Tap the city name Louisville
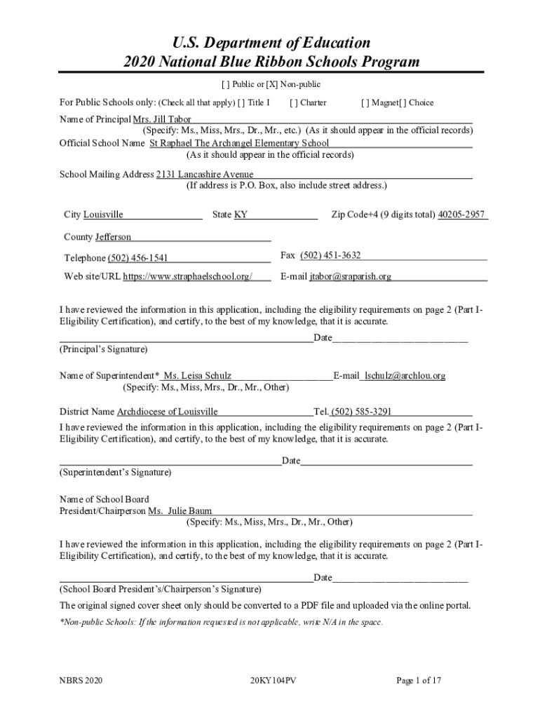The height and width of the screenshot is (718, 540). pyautogui.click(x=103, y=215)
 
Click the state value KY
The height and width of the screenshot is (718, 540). pyautogui.click(x=241, y=215)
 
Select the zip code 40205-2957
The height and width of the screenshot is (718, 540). pyautogui.click(x=461, y=215)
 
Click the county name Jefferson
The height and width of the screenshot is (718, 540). pyautogui.click(x=108, y=237)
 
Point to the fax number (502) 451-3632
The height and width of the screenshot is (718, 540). pyautogui.click(x=330, y=255)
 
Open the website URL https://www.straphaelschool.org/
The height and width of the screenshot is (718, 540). pyautogui.click(x=187, y=277)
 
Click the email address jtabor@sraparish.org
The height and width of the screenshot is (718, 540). pyautogui.click(x=351, y=277)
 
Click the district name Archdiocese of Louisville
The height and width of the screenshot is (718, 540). pyautogui.click(x=167, y=412)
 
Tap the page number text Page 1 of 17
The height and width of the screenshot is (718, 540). pyautogui.click(x=419, y=680)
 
